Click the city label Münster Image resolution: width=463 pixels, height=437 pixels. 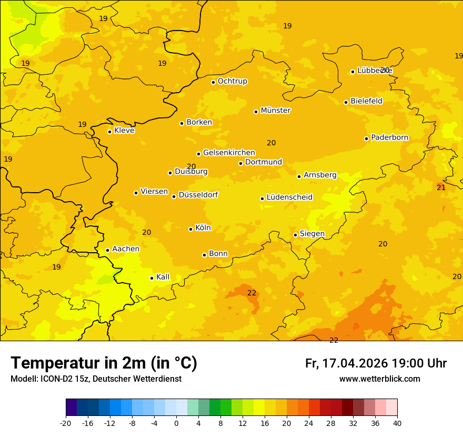click(276, 111)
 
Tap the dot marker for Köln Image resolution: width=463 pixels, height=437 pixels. click(190, 229)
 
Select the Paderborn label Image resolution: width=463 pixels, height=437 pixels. click(390, 137)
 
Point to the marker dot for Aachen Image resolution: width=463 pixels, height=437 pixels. click(107, 250)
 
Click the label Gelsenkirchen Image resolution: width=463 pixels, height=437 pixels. click(229, 153)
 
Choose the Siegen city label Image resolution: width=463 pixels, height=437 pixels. click(312, 234)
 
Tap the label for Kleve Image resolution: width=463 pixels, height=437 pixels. click(124, 131)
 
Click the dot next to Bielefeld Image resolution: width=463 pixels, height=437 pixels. click(346, 102)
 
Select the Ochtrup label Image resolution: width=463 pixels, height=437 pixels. click(233, 81)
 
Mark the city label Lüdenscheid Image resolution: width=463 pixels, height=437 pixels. click(289, 197)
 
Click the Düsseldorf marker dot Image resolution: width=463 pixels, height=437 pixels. click(174, 196)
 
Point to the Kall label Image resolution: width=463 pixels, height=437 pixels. click(163, 277)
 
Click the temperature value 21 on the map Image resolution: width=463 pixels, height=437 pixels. click(441, 187)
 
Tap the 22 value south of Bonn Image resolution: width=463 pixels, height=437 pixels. click(252, 293)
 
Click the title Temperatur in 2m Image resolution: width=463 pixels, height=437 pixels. click(104, 363)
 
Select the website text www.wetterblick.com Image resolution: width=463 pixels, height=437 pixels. click(379, 379)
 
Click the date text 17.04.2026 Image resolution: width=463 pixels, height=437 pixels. click(355, 363)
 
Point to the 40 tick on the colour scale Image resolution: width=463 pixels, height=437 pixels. click(397, 423)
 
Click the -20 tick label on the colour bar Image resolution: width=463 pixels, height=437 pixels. click(66, 423)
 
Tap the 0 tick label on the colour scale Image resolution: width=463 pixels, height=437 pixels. click(176, 423)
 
